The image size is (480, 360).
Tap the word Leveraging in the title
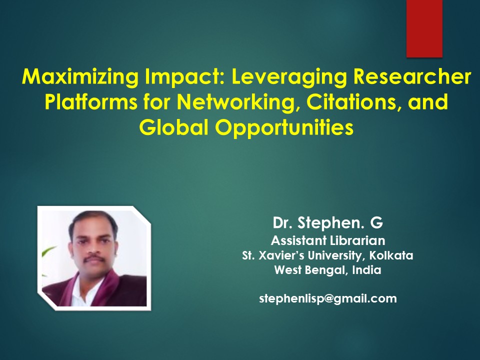click(289, 77)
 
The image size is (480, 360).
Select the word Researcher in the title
click(412, 76)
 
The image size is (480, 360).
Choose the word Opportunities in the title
click(284, 128)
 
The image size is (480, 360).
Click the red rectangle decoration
click(424, 28)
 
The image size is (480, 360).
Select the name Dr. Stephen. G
click(328, 222)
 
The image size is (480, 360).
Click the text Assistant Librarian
click(328, 240)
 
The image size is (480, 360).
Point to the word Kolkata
click(391, 255)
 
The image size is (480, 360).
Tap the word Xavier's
click(281, 255)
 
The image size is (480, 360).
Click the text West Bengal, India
click(328, 270)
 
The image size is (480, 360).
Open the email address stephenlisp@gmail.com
click(328, 298)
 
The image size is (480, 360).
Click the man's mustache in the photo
click(93, 259)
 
